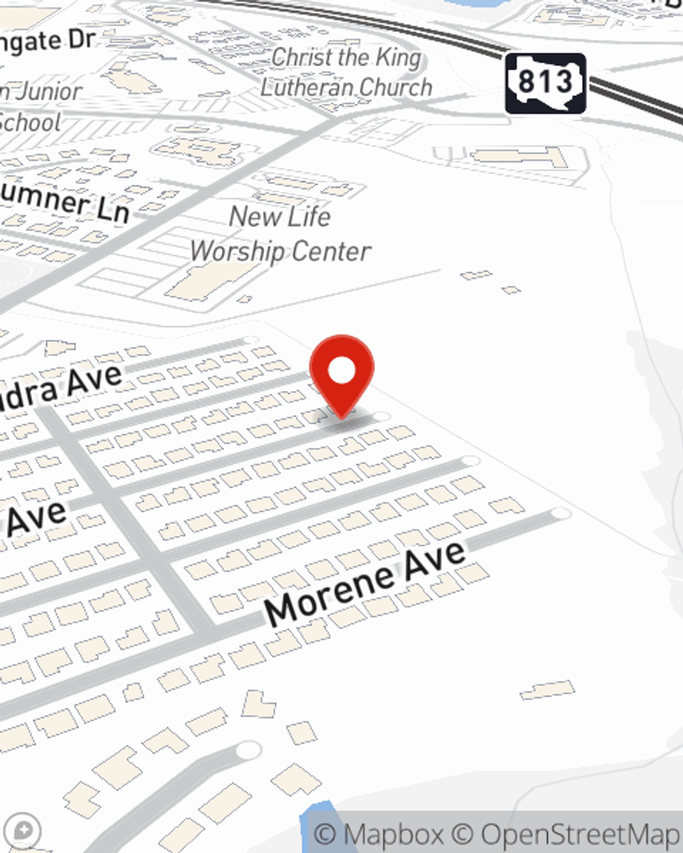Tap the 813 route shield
(x=545, y=83)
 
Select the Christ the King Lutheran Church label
(x=346, y=72)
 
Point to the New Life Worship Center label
(x=280, y=233)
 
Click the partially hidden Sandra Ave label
(x=61, y=390)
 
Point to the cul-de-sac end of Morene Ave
(x=561, y=513)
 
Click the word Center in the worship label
(x=335, y=252)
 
